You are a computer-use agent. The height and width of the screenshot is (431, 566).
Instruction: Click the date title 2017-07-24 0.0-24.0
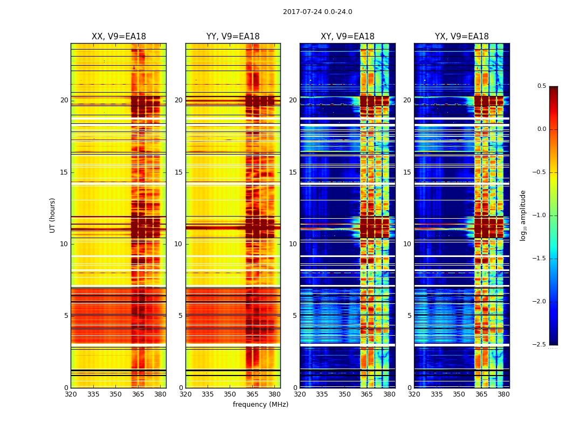tap(317, 12)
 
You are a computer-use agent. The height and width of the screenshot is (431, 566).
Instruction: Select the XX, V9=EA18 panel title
tap(119, 37)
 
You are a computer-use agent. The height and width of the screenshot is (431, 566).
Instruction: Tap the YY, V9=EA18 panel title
tap(233, 37)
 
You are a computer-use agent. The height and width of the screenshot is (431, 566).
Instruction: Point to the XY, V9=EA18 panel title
tap(347, 37)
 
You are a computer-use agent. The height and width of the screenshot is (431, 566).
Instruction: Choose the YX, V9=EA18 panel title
tap(462, 37)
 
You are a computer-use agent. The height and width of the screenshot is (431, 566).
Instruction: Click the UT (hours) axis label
tap(53, 215)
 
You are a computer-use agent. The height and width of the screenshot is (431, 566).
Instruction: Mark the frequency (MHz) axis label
tap(260, 405)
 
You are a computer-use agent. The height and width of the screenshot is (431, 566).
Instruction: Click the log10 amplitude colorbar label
tap(523, 215)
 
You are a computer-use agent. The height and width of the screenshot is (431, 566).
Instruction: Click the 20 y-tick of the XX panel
tap(65, 100)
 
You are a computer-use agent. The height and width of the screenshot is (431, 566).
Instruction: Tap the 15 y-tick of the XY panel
tap(293, 172)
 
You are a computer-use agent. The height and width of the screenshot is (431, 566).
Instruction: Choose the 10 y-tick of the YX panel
tap(408, 244)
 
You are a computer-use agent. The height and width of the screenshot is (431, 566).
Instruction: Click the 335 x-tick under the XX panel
tap(93, 394)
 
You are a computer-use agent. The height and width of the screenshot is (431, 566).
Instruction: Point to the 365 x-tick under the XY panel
tap(367, 394)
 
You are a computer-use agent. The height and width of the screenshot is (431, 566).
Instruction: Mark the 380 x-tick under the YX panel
tap(503, 394)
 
